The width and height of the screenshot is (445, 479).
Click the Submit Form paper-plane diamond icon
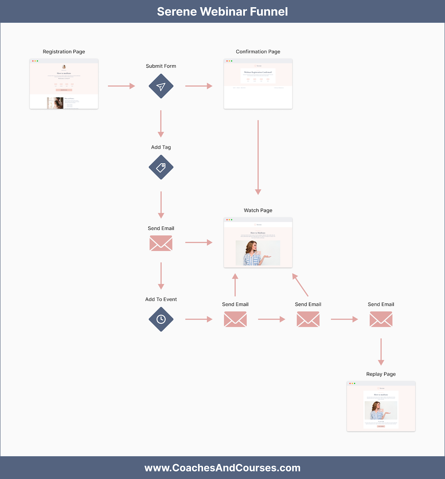pyautogui.click(x=161, y=86)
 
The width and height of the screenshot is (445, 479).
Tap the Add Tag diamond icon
pyautogui.click(x=161, y=167)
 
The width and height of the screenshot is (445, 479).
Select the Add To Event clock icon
pyautogui.click(x=161, y=319)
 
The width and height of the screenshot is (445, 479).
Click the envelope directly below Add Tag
pyautogui.click(x=161, y=243)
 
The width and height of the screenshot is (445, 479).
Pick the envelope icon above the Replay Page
pyautogui.click(x=381, y=319)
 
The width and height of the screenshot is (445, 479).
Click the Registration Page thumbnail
pyautogui.click(x=64, y=84)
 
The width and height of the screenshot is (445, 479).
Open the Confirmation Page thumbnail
pyautogui.click(x=258, y=84)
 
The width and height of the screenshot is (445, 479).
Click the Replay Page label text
pyautogui.click(x=381, y=374)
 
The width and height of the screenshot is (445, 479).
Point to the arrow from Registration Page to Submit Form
pyautogui.click(x=121, y=86)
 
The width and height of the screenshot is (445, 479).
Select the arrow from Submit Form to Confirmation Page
pyautogui.click(x=199, y=86)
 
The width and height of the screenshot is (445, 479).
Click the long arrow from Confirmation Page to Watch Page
pyautogui.click(x=258, y=156)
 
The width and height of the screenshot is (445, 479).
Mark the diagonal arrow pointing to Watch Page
pyautogui.click(x=300, y=285)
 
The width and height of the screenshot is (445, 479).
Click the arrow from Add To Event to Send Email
pyautogui.click(x=199, y=319)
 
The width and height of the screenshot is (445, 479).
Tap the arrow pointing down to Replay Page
pyautogui.click(x=381, y=351)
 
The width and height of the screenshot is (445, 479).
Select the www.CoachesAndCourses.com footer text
pyautogui.click(x=222, y=468)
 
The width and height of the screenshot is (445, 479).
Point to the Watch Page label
pyautogui.click(x=258, y=210)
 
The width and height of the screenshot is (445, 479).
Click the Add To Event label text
pyautogui.click(x=161, y=299)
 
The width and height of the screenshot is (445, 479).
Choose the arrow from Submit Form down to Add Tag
pyautogui.click(x=161, y=123)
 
